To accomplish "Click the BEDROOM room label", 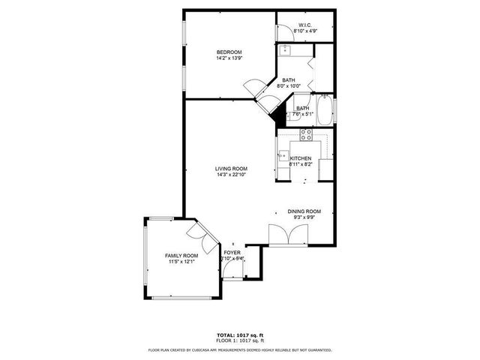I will (x=229, y=52).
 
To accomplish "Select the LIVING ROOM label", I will (x=231, y=169).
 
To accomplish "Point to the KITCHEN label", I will (x=301, y=158).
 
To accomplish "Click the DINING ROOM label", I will (x=304, y=211).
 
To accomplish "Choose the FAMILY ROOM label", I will (x=181, y=256).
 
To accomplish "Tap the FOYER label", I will (x=232, y=253).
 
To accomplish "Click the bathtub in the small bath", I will (x=325, y=111).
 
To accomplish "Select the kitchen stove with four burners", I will (x=306, y=135).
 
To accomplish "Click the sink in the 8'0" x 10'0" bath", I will (x=285, y=52).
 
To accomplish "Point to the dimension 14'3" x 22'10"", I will (x=231, y=175).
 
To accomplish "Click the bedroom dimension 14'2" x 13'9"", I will (x=229, y=58).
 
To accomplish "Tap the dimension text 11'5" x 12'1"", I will (x=181, y=262).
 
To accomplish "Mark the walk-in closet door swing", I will (x=285, y=31).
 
